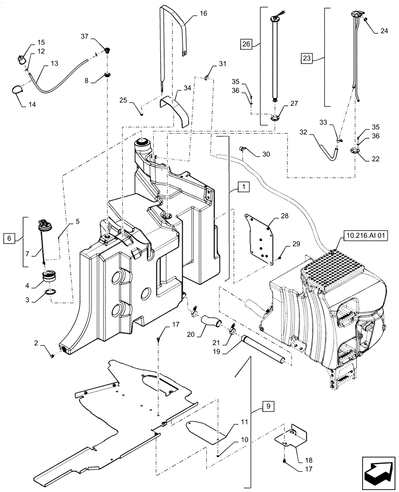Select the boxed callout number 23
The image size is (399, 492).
click(x=307, y=58)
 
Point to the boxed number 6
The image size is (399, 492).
click(x=9, y=238)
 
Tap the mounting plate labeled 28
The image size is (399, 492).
click(x=259, y=239)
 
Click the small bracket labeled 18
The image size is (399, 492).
click(x=291, y=437)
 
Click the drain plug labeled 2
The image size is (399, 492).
click(x=52, y=353)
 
